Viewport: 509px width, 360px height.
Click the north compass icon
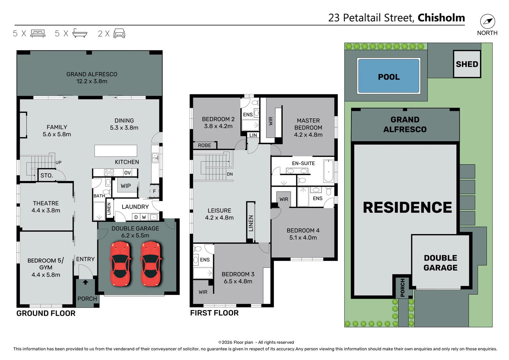coord(487,22)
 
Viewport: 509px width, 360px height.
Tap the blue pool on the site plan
coord(388,76)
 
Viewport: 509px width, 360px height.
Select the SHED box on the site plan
coord(467,64)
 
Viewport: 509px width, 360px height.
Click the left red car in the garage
coord(120,264)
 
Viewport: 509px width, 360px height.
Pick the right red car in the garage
coord(151,264)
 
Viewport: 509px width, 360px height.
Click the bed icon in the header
coord(38,33)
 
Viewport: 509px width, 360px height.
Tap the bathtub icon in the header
coord(80,33)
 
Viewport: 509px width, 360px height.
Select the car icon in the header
coord(119,33)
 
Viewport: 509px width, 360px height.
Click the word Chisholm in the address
coord(441,18)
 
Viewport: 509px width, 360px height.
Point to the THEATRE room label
coord(46,203)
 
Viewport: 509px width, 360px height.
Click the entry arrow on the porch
coord(86,282)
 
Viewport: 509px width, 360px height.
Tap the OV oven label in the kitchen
coord(127,173)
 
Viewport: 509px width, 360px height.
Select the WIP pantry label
coord(126,186)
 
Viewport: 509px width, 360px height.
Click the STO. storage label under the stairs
coord(47,176)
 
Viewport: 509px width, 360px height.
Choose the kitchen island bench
coord(116,151)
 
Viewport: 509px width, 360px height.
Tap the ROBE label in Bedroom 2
coord(204,145)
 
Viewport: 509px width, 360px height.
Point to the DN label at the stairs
coord(230,174)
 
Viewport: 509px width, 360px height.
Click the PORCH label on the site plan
coord(402,288)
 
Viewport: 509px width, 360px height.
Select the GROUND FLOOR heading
coord(46,313)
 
